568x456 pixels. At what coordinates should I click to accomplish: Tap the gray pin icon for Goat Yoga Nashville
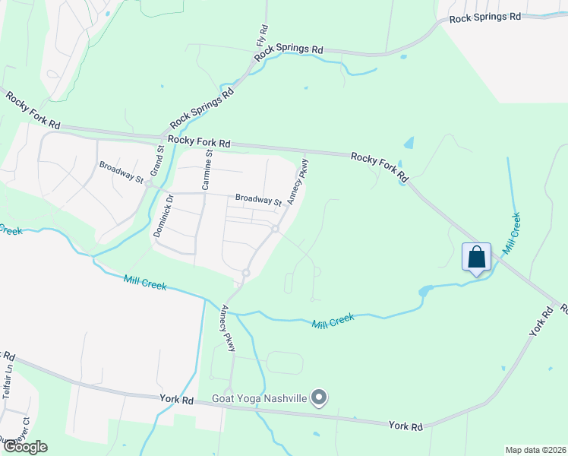coord(320,397)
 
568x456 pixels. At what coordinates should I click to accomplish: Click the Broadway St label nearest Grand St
coord(121,172)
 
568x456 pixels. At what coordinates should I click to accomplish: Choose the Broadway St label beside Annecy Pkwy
coord(258,200)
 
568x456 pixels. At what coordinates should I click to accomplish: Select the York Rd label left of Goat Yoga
coord(177,400)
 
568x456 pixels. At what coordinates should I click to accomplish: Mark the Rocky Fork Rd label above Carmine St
coord(199,141)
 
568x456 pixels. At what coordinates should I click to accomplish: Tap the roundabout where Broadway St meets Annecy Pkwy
coord(276,228)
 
